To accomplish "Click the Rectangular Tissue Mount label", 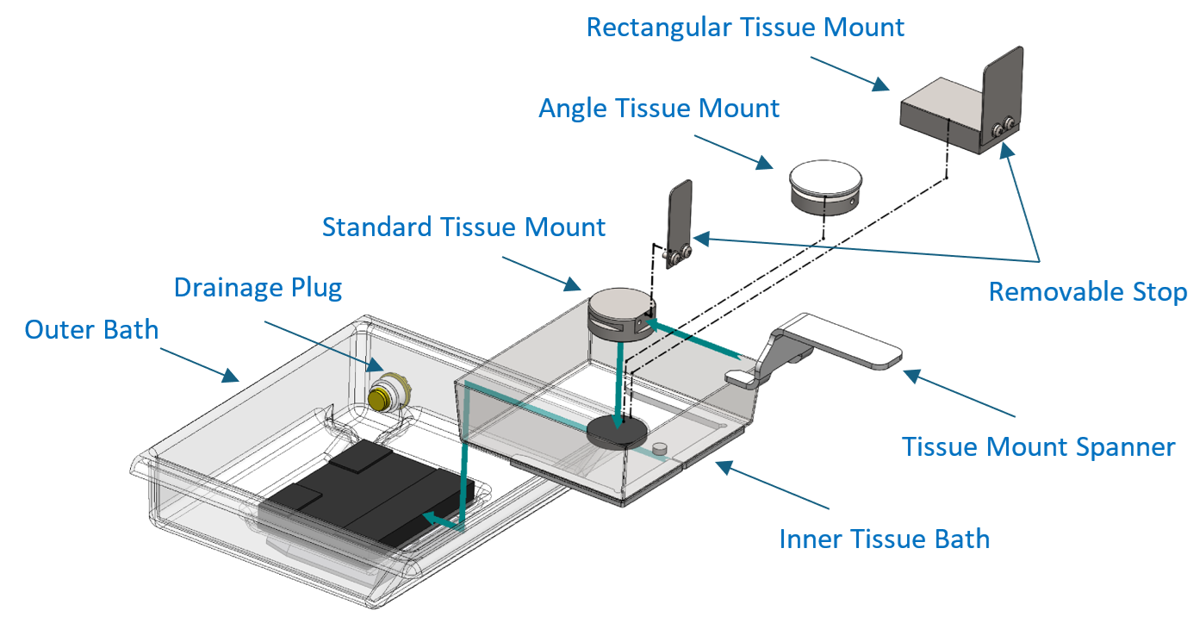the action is (745, 28).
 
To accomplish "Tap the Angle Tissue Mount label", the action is (659, 109).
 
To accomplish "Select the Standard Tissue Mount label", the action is (463, 227).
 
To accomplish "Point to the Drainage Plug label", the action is (258, 289).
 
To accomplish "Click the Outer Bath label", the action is (91, 329).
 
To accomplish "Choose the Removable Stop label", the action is (1088, 292).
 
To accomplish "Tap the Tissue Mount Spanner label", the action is (1038, 447).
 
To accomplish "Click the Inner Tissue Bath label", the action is (884, 539).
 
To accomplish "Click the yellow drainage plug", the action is (379, 398).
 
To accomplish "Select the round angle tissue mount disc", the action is (825, 187).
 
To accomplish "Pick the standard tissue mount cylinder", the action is (621, 315).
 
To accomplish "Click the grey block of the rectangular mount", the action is (942, 115).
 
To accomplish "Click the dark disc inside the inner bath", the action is (618, 433).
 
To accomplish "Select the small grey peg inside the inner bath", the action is (660, 448).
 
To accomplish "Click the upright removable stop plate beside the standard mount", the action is (680, 224).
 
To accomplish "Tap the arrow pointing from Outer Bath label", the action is (199, 365).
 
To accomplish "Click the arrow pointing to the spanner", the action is (959, 393).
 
